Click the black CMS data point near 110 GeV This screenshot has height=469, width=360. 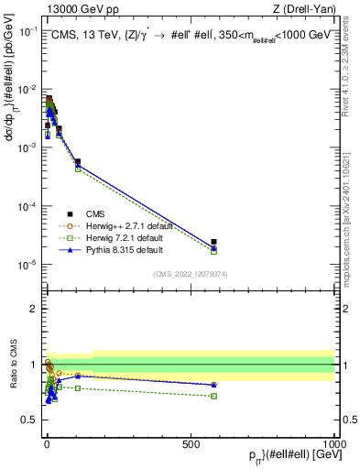click(x=78, y=162)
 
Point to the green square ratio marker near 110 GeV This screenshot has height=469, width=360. click(x=78, y=388)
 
